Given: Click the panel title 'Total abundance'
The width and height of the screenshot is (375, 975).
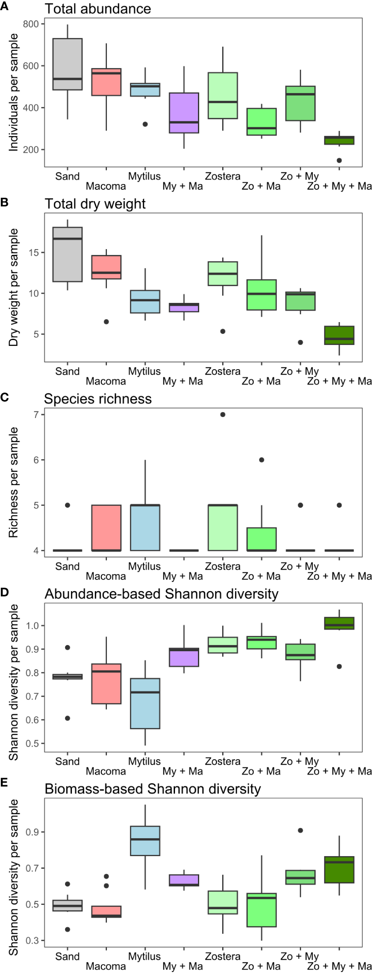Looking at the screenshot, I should pyautogui.click(x=98, y=9).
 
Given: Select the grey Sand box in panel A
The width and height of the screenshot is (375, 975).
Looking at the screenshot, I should pyautogui.click(x=67, y=64).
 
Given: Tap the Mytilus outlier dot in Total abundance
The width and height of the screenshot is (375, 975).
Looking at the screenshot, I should pyautogui.click(x=145, y=124).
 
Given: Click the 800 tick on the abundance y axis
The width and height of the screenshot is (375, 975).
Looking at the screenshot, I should pyautogui.click(x=31, y=24).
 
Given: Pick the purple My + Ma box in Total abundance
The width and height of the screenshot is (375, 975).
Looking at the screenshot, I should pyautogui.click(x=184, y=113).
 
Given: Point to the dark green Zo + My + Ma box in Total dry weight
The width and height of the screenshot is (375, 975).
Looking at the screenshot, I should pyautogui.click(x=339, y=335).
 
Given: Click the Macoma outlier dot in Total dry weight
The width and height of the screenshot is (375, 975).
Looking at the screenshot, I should pyautogui.click(x=106, y=322).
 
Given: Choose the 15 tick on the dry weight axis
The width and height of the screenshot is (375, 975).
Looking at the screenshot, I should pyautogui.click(x=33, y=253).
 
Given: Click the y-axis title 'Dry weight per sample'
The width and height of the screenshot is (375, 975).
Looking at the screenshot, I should pyautogui.click(x=14, y=287).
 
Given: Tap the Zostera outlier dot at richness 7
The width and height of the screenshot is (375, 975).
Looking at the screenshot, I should pyautogui.click(x=223, y=414).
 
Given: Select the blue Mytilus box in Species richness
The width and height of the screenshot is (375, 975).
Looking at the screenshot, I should pyautogui.click(x=145, y=527).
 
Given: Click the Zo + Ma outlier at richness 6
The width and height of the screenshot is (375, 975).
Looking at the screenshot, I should pyautogui.click(x=261, y=460).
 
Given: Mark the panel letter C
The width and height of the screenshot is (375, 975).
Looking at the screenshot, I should pyautogui.click(x=5, y=397).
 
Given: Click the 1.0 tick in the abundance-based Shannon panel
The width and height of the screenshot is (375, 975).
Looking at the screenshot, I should pyautogui.click(x=32, y=626).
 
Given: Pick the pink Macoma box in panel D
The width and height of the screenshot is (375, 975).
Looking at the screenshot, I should pyautogui.click(x=106, y=684).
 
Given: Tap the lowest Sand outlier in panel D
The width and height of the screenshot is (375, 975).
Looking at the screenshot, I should pyautogui.click(x=67, y=718).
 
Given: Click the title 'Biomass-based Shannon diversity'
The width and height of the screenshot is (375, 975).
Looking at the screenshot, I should pyautogui.click(x=152, y=789).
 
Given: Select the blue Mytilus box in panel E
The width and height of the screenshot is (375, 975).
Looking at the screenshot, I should pyautogui.click(x=145, y=841).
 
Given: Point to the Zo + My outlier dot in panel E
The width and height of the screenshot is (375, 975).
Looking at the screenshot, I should pyautogui.click(x=300, y=830).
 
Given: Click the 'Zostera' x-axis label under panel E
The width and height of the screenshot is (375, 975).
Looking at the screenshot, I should pyautogui.click(x=223, y=956).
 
